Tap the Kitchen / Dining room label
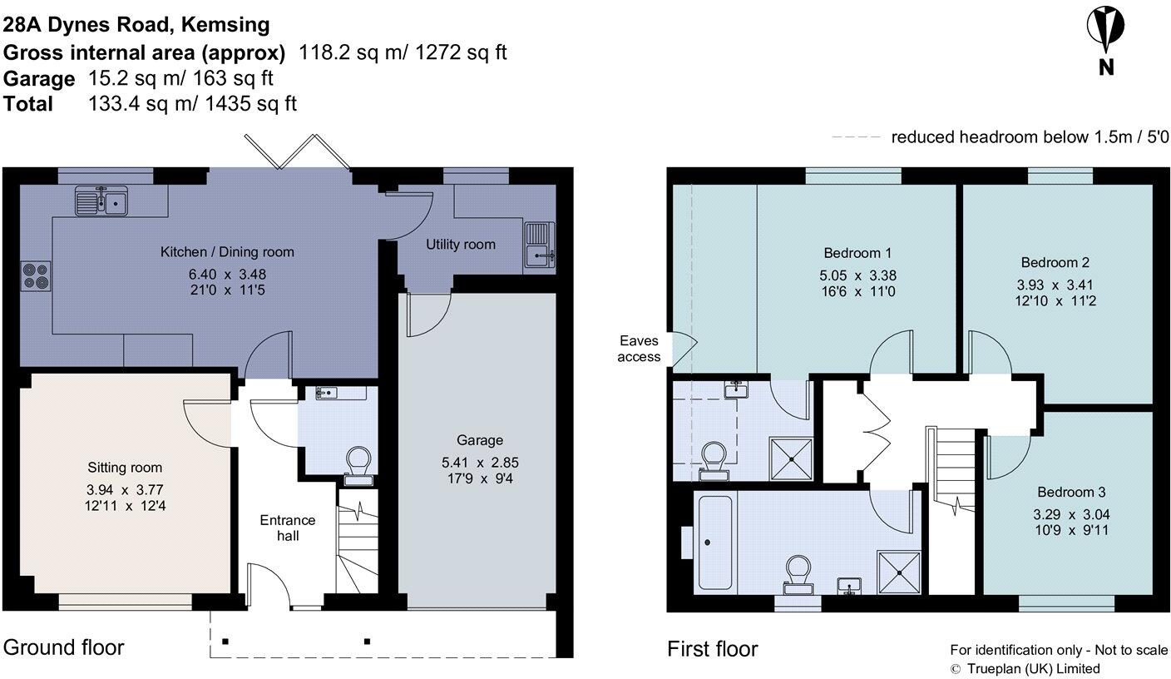point(227,252)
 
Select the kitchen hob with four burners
point(36,275)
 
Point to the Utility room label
point(460,245)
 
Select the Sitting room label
point(125,468)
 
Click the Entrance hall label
point(288,528)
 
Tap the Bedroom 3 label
point(1070,492)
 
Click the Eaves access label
point(640,349)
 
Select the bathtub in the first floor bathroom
point(713,542)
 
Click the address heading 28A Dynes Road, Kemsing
point(136,25)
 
